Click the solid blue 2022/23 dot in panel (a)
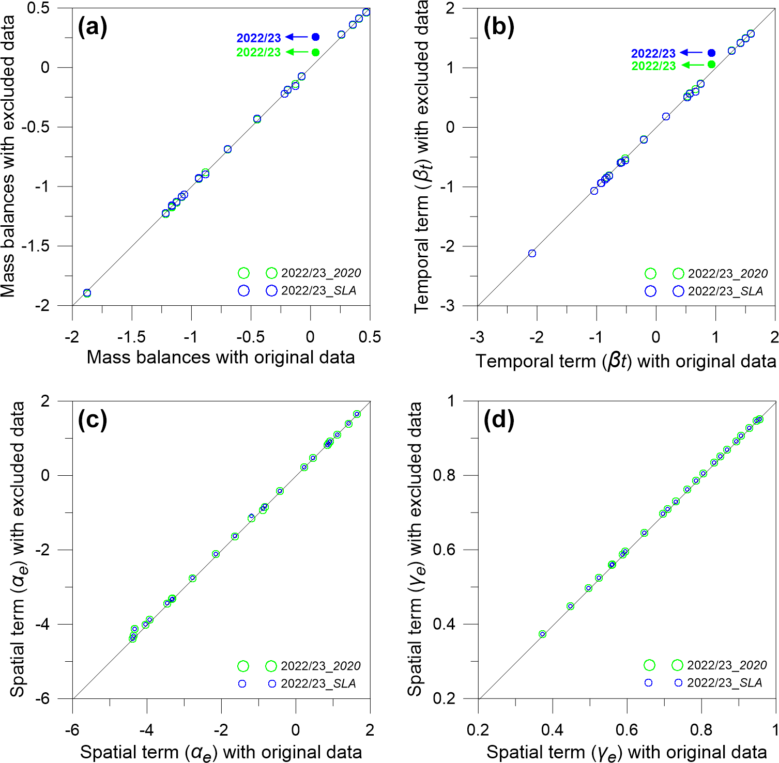(x=316, y=37)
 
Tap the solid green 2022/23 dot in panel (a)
(x=316, y=52)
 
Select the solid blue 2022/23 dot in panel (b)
(x=711, y=53)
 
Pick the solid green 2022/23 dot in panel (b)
(x=711, y=65)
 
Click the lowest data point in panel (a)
(x=87, y=293)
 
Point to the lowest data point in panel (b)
(x=532, y=253)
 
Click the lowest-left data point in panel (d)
(x=542, y=634)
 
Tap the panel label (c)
(x=93, y=419)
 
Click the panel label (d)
(x=499, y=419)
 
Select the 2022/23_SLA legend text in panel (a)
(x=319, y=290)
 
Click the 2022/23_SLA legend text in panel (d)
(x=725, y=683)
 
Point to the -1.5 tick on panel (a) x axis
(x=131, y=337)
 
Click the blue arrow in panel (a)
(x=297, y=37)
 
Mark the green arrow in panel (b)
(x=693, y=65)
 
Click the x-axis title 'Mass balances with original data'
(x=221, y=357)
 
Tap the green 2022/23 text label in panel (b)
(x=653, y=66)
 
